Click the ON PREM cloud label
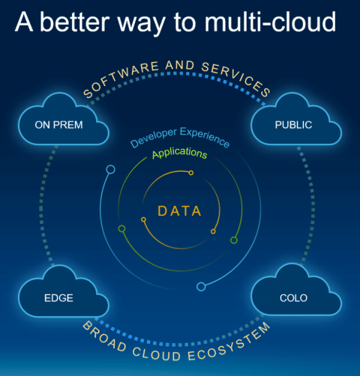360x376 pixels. pyautogui.click(x=58, y=125)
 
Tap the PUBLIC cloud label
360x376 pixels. pyautogui.click(x=293, y=125)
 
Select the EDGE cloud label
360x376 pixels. pyautogui.click(x=58, y=298)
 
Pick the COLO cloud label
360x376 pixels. pyautogui.click(x=293, y=298)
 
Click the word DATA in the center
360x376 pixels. pyautogui.click(x=179, y=211)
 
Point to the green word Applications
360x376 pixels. pyautogui.click(x=180, y=153)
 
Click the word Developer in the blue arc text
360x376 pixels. pyautogui.click(x=154, y=137)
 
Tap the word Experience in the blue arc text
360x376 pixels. pyautogui.click(x=205, y=137)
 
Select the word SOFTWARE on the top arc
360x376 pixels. pyautogui.click(x=121, y=78)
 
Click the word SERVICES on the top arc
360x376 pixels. pyautogui.click(x=236, y=78)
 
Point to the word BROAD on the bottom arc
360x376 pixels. pyautogui.click(x=104, y=337)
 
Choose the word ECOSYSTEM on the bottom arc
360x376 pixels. pyautogui.click(x=229, y=342)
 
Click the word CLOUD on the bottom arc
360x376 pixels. pyautogui.click(x=157, y=354)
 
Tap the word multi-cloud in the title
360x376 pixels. pyautogui.click(x=271, y=22)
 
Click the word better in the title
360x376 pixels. pyautogui.click(x=75, y=22)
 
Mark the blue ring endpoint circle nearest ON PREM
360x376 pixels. pyautogui.click(x=110, y=169)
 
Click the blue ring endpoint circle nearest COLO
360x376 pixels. pyautogui.click(x=201, y=287)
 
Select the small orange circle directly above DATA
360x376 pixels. pyautogui.click(x=191, y=173)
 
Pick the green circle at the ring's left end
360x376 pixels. pyautogui.click(x=121, y=228)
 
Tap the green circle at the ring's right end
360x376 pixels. pyautogui.click(x=234, y=240)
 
